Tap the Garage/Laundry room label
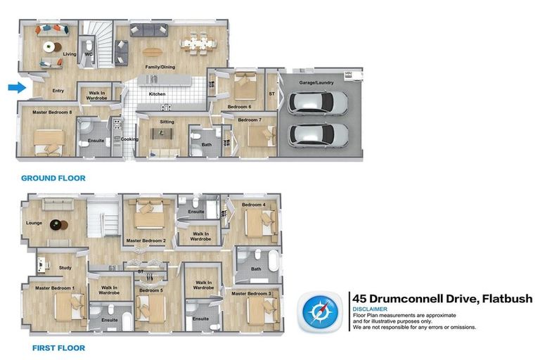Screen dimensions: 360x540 click(316, 82)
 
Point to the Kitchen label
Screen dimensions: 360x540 click(157, 94)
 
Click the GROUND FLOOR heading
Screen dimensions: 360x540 click(53, 179)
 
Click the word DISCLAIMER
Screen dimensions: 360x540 click(370, 309)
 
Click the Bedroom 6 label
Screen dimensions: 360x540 click(239, 107)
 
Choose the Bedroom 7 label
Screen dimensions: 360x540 click(249, 120)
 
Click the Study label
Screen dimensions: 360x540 click(65, 267)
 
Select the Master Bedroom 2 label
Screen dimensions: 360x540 click(146, 240)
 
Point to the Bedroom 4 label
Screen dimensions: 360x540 click(254, 205)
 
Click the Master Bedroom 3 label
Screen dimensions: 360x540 click(251, 293)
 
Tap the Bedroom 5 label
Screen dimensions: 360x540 click(150, 290)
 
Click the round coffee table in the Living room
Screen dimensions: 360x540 click(49, 47)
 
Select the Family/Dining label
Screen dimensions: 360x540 click(160, 67)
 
